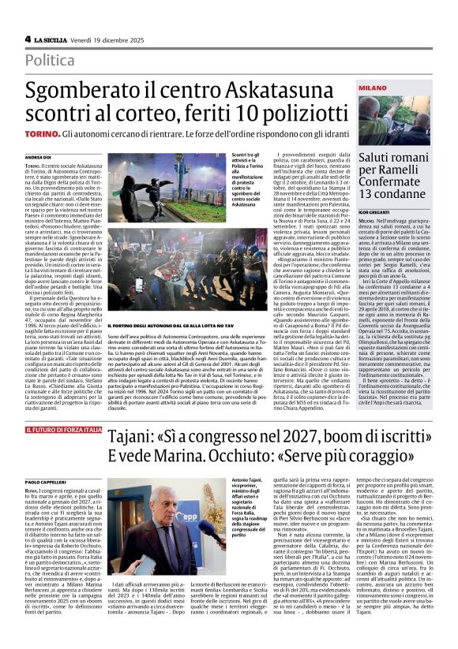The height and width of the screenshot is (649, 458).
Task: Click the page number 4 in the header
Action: point(28,39)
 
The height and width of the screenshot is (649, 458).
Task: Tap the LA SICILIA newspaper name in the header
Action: point(49,39)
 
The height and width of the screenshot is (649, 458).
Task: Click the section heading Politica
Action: point(51,60)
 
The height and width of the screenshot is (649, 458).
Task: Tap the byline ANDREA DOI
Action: point(38,158)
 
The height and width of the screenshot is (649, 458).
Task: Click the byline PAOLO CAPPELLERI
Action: point(44,480)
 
